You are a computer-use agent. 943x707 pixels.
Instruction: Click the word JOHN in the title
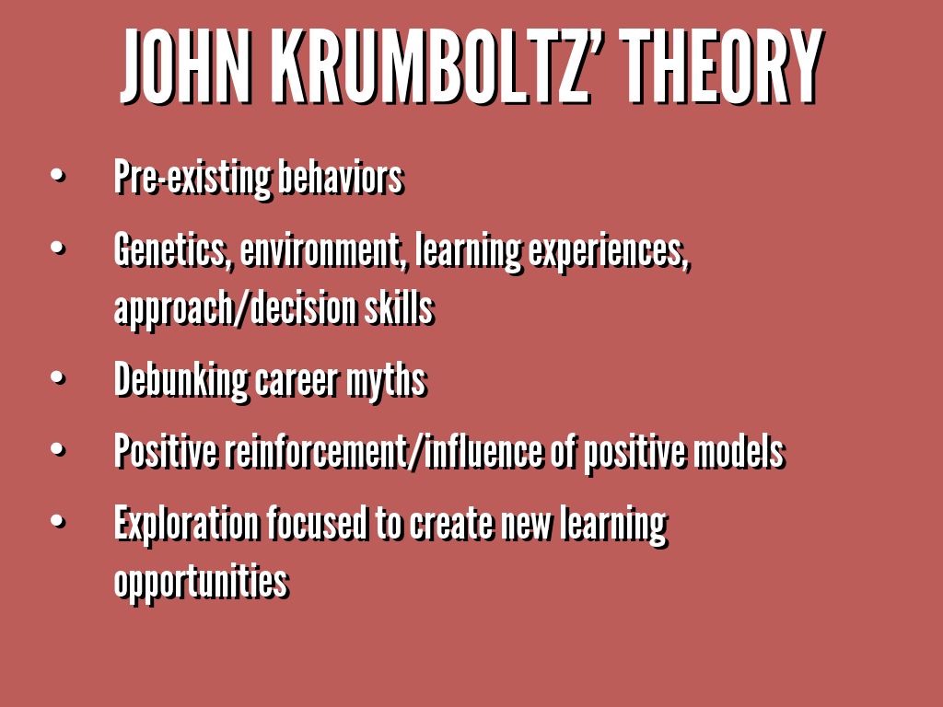coord(185,65)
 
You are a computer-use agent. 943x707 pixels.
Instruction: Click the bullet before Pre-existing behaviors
coord(58,175)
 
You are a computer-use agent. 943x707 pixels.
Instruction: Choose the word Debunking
coord(180,381)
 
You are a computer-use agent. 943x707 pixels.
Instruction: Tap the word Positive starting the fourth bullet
coord(166,451)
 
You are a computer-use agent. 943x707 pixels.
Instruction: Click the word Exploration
coord(186,524)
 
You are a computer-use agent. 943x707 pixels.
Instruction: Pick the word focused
coord(317,523)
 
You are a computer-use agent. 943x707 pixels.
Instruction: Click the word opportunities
coord(202,582)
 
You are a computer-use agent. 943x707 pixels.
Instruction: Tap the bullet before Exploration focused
coord(58,521)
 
